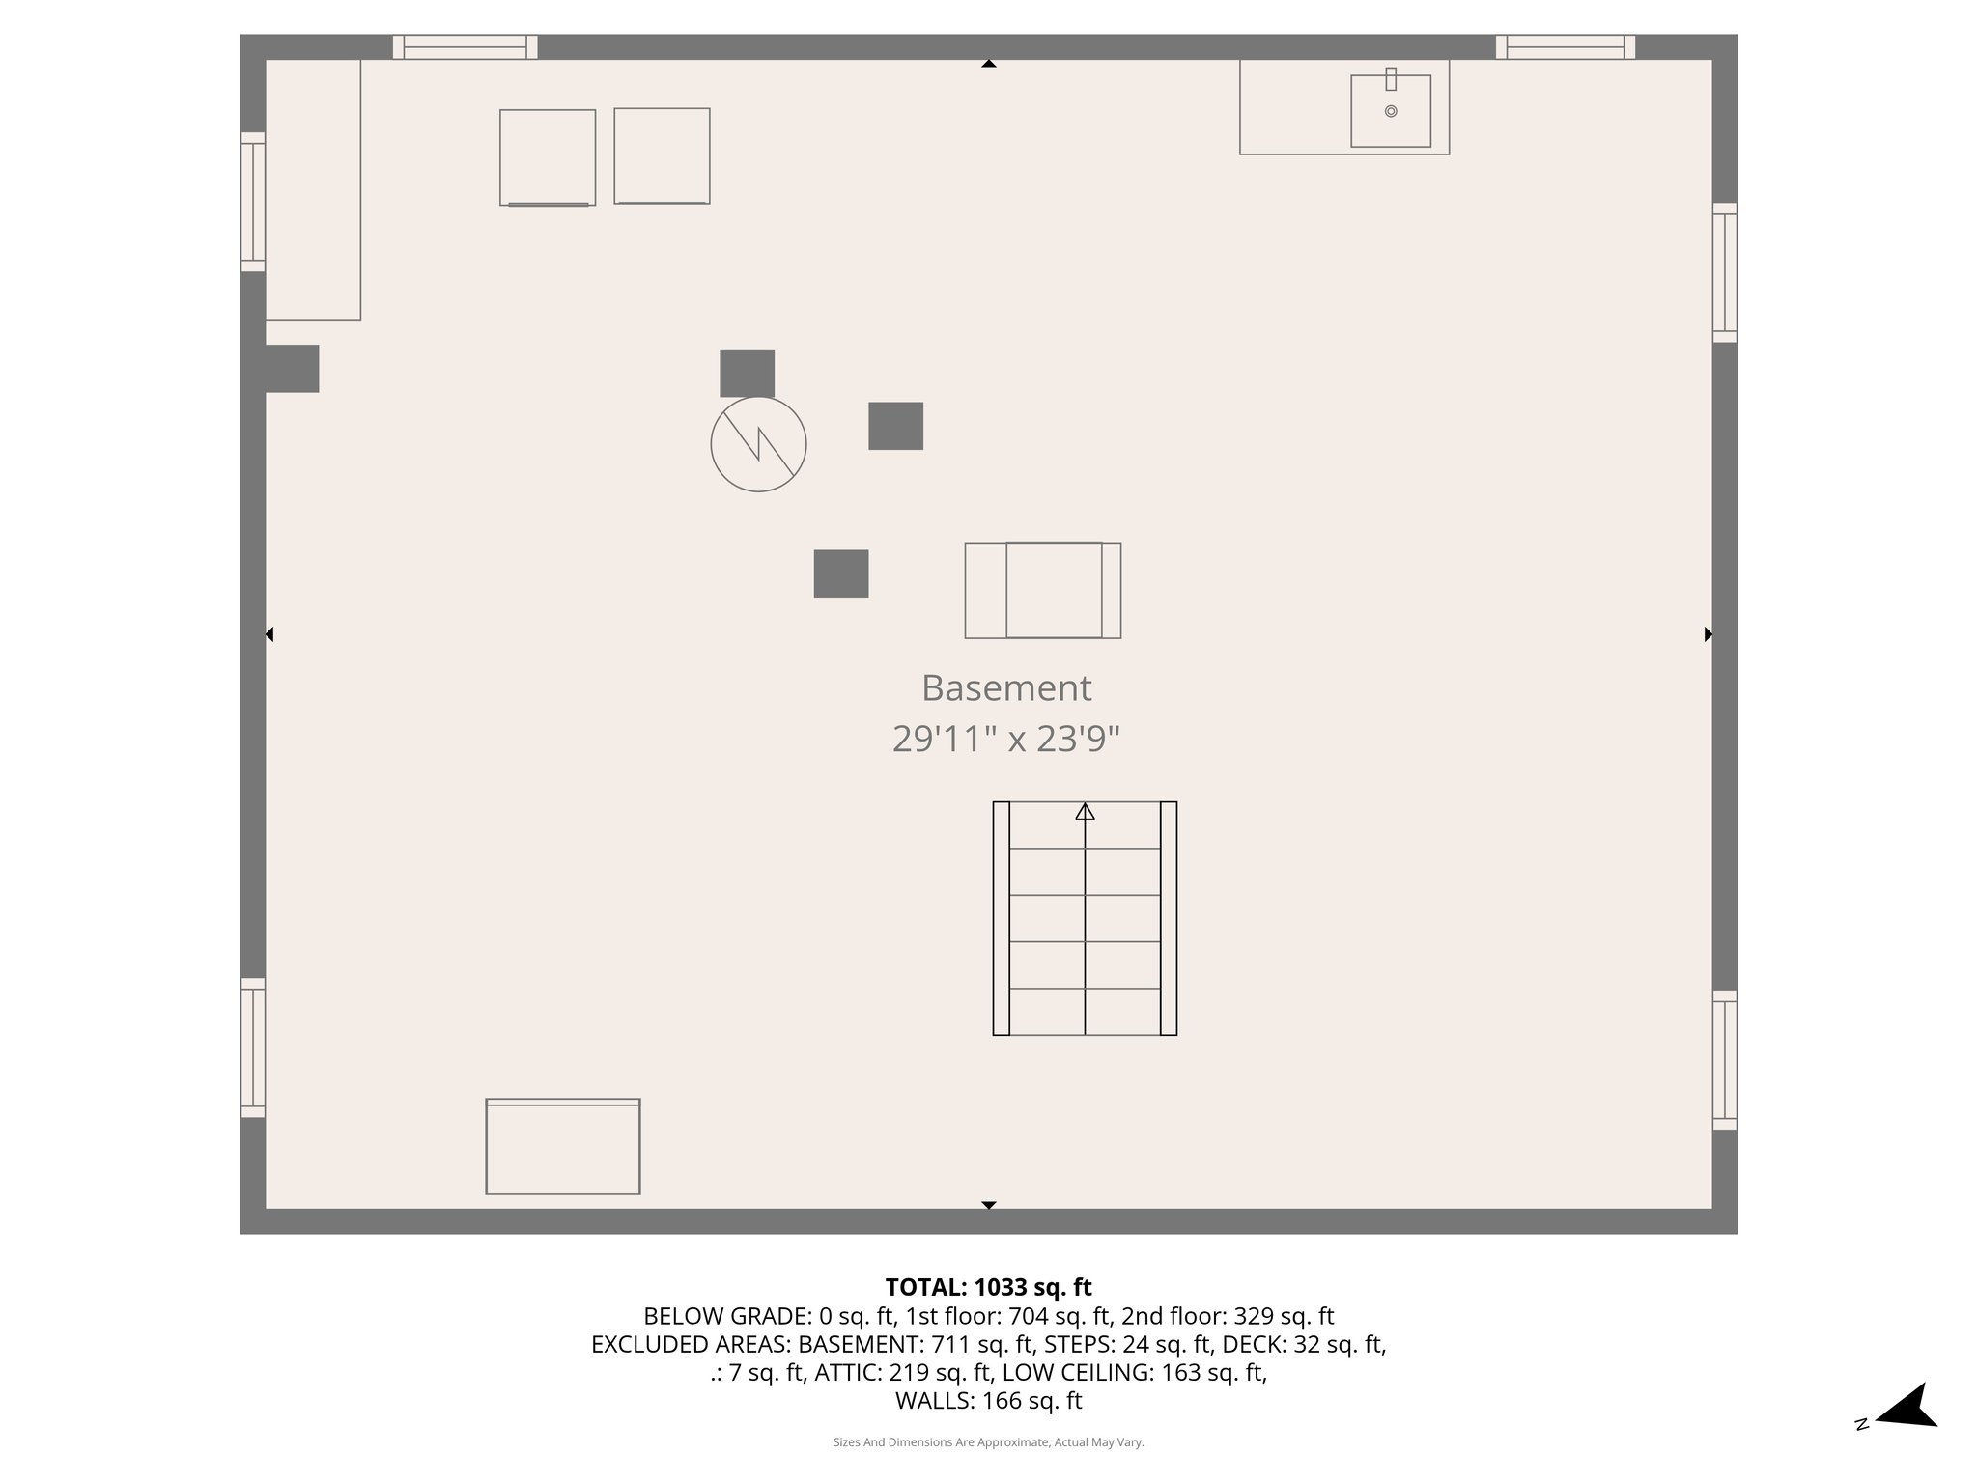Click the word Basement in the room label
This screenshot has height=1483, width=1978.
tap(1005, 688)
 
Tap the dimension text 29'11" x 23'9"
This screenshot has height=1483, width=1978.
tap(1005, 740)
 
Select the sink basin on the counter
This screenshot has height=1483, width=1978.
tap(1390, 112)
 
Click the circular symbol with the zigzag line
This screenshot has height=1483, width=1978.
tap(758, 444)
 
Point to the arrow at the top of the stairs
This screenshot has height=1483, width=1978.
tap(1085, 812)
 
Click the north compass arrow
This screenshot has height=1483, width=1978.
tap(1908, 1407)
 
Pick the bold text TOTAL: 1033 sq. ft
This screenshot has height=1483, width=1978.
tap(988, 1287)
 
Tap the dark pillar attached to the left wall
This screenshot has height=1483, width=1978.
tap(291, 369)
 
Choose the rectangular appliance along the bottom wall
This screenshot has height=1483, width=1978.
tap(563, 1147)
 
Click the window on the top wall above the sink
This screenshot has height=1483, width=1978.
tap(1565, 46)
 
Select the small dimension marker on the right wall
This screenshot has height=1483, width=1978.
tap(1708, 634)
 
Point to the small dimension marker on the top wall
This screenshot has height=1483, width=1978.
tap(988, 64)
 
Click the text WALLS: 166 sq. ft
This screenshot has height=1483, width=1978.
tap(988, 1401)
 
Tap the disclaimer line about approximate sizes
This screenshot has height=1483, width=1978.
tap(988, 1442)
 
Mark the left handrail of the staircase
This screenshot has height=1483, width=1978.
tap(1002, 918)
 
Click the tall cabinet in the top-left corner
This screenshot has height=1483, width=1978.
tap(313, 189)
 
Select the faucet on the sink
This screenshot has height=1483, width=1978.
tap(1391, 79)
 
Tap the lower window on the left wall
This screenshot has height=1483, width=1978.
tap(253, 1048)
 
